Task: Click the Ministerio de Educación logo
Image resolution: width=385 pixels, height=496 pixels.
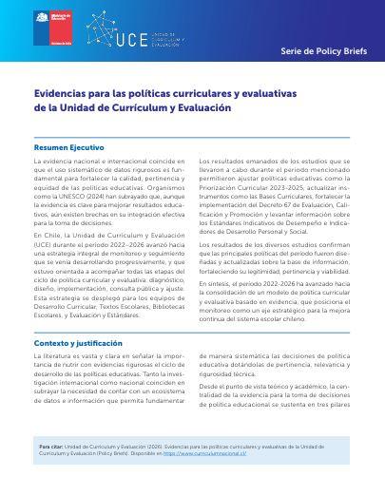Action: tap(46, 27)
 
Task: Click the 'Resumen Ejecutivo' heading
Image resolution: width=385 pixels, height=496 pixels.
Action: tap(69, 148)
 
